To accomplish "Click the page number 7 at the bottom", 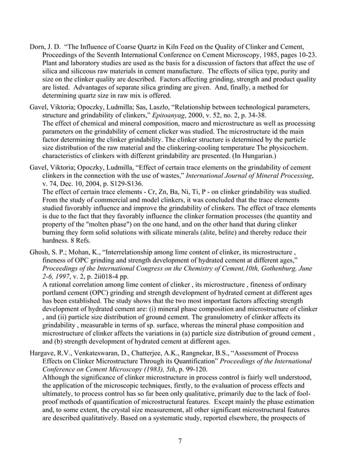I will click(179, 441).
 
